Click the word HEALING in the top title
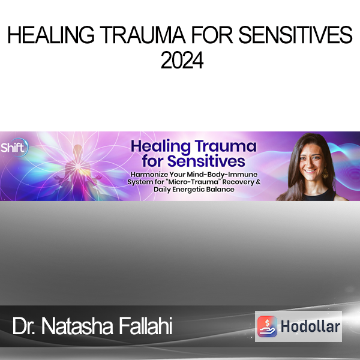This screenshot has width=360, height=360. point(51,35)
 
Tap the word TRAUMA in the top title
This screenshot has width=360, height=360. point(142,35)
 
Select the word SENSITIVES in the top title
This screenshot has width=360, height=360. point(295,35)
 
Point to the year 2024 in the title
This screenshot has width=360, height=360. point(182,60)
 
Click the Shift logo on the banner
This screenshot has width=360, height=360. point(14,148)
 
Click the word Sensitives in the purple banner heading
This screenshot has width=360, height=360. point(206,161)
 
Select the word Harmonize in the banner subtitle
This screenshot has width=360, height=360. point(149,175)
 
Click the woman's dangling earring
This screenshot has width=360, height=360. point(325,173)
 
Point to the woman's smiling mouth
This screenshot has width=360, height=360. point(310,171)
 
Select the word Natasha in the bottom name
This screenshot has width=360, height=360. point(77,326)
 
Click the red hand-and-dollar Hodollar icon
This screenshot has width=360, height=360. point(267,326)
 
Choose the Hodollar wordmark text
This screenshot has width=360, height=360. point(310,326)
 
